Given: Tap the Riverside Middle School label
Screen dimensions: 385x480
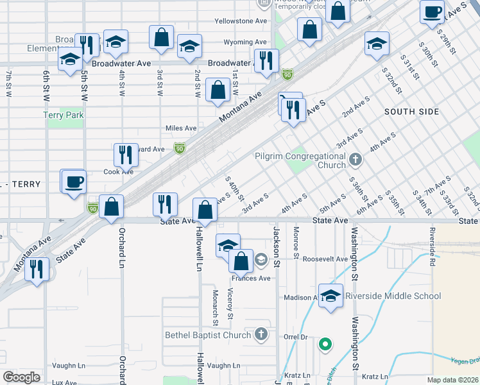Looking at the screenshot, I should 393,296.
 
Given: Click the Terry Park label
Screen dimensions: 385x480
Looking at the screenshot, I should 64,115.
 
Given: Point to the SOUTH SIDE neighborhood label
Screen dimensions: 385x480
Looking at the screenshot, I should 412,112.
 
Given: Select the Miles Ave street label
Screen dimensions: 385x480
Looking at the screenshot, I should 181,128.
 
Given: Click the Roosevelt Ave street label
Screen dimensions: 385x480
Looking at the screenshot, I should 325,259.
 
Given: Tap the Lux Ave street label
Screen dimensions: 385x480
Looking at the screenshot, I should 64,382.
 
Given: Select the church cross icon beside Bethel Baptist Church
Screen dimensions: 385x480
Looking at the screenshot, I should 261,334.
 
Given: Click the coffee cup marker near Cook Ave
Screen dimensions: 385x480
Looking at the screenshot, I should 74,180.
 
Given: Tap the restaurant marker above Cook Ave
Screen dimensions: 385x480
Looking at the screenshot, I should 125,154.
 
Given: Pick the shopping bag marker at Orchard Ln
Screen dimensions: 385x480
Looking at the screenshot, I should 112,207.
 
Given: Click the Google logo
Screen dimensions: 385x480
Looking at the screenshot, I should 21,377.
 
